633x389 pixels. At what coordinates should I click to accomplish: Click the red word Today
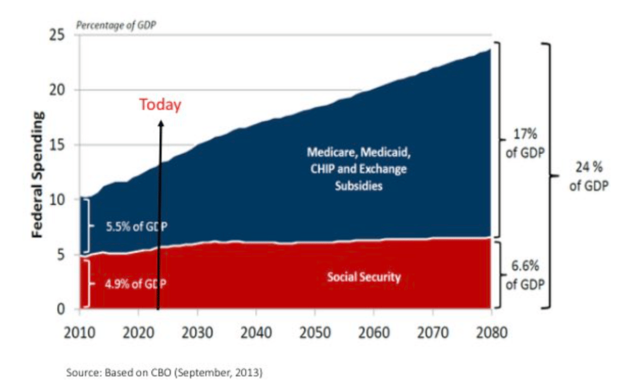pyautogui.click(x=160, y=105)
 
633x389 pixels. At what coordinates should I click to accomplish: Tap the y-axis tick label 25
pyautogui.click(x=62, y=35)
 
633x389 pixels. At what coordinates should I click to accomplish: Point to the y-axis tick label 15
pyautogui.click(x=62, y=145)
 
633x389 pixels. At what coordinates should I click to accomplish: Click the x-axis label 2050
pyautogui.click(x=315, y=334)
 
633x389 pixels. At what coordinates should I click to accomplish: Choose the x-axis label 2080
pyautogui.click(x=492, y=334)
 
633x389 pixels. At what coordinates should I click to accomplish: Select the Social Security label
pyautogui.click(x=363, y=277)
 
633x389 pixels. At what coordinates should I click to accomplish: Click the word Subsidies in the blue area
pyautogui.click(x=358, y=186)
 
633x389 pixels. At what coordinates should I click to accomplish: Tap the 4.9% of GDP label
pyautogui.click(x=135, y=283)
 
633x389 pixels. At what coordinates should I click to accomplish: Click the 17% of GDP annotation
pyautogui.click(x=525, y=144)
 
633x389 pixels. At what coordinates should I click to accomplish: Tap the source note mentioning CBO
pyautogui.click(x=164, y=373)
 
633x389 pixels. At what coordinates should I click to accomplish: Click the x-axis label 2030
pyautogui.click(x=197, y=334)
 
